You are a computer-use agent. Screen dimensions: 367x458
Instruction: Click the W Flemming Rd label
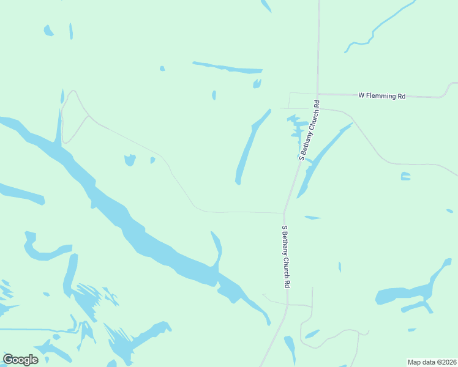(382, 96)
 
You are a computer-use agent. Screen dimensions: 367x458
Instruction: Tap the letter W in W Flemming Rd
(361, 96)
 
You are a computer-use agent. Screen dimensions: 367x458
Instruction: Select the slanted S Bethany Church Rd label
(309, 129)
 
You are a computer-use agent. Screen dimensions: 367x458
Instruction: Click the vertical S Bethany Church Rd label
(285, 256)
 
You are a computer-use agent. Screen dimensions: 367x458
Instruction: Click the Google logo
(20, 360)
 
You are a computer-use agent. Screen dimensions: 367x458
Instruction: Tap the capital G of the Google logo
(9, 360)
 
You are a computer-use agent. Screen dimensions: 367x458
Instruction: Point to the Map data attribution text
(432, 361)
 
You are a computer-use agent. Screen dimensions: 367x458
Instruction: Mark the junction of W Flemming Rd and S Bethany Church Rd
(318, 95)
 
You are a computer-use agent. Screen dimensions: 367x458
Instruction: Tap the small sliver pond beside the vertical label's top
(312, 217)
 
